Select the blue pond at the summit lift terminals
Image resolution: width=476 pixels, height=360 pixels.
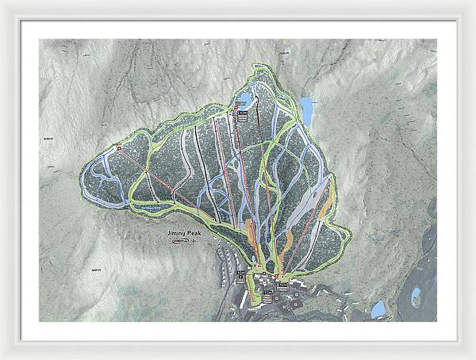tap(244, 100)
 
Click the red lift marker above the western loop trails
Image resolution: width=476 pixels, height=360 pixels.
tap(119, 148)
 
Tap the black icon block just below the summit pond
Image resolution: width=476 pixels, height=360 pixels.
tap(245, 114)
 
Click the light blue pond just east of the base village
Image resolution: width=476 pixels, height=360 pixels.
tap(378, 308)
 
